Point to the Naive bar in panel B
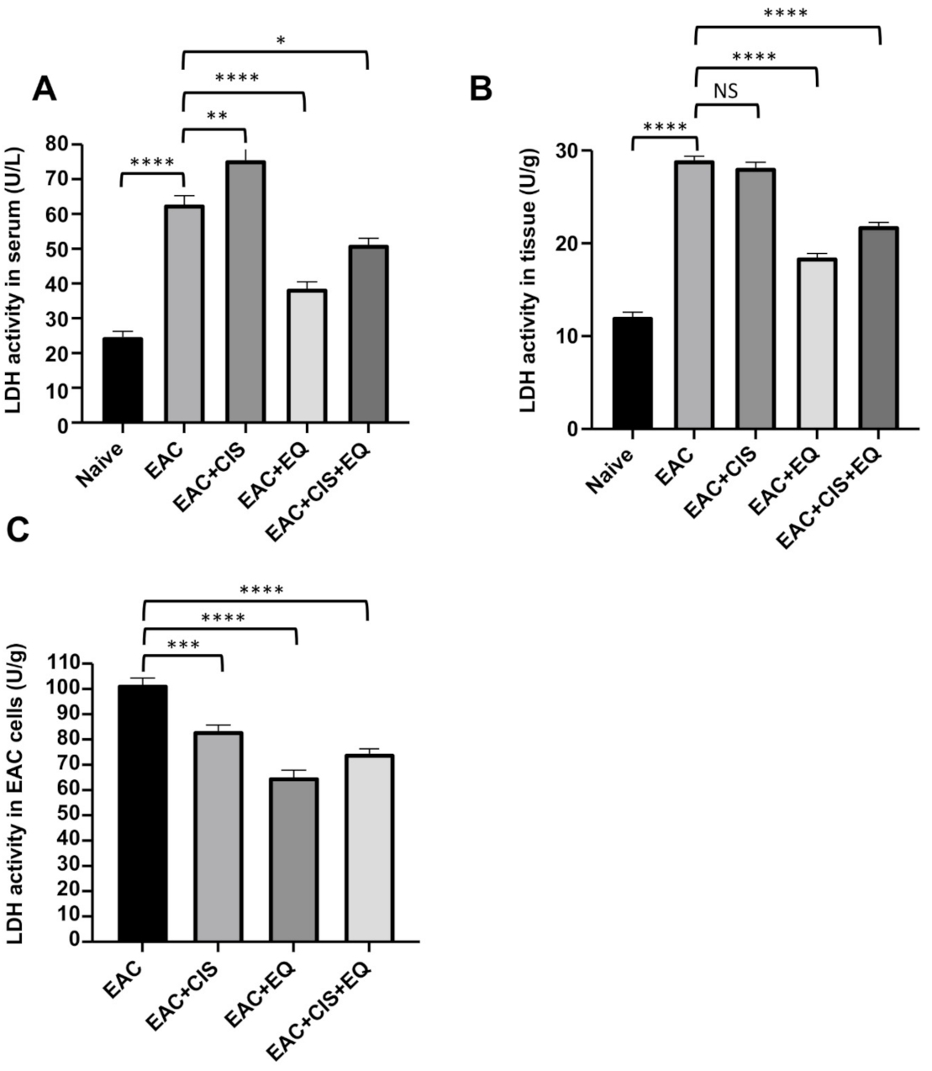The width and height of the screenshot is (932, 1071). point(632,373)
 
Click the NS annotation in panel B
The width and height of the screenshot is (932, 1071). point(726,91)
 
